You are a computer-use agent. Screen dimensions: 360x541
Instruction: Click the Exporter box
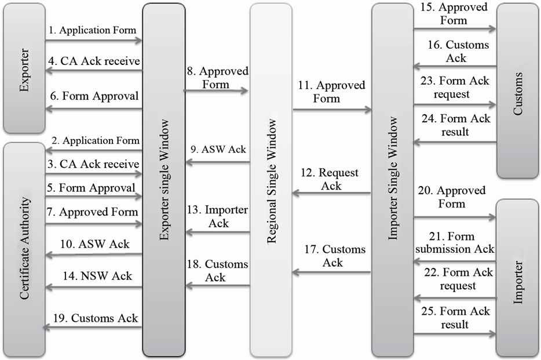(x=24, y=68)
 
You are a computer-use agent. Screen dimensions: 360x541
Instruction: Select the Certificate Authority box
(x=24, y=249)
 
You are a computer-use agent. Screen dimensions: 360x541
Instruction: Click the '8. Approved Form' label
(x=217, y=78)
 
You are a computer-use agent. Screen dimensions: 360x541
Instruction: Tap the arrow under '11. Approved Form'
(x=331, y=109)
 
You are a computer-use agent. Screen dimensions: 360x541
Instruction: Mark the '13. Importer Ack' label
(x=218, y=216)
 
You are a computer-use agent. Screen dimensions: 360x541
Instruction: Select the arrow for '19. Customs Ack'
(x=93, y=328)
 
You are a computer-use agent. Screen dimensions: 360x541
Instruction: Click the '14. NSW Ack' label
(x=98, y=275)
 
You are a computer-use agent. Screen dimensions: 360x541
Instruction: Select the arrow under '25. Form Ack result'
(x=454, y=334)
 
